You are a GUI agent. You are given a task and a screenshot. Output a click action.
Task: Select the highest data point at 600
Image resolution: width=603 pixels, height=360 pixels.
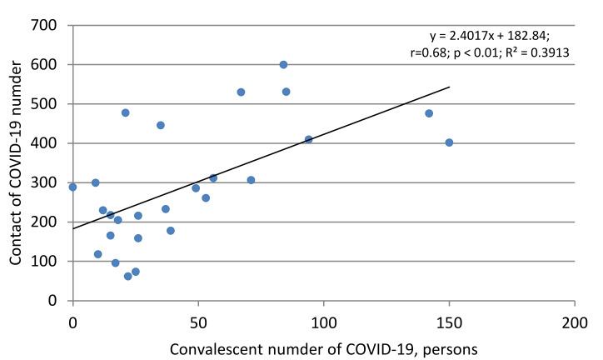[283, 64]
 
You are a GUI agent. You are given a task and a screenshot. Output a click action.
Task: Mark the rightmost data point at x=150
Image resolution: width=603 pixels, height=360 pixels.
[449, 142]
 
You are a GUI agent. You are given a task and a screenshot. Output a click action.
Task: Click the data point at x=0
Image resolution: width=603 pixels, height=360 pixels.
[73, 187]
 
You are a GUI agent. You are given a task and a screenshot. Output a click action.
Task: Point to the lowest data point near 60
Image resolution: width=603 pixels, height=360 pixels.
[128, 276]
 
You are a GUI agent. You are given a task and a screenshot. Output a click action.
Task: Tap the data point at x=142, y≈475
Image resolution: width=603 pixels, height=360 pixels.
[429, 113]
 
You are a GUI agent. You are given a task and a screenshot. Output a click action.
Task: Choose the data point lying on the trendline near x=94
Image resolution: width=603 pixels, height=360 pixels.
[308, 139]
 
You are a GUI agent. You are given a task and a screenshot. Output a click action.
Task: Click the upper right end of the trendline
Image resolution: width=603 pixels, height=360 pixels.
[449, 87]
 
